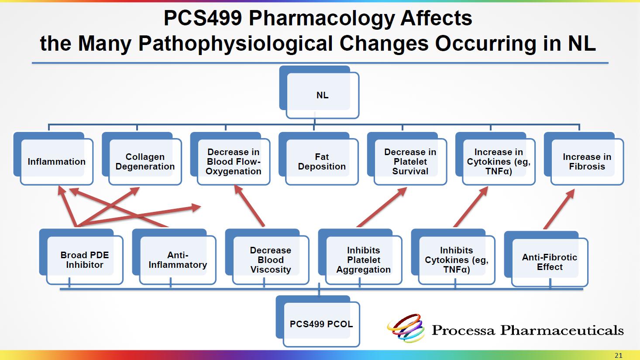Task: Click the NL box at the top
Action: click(319, 92)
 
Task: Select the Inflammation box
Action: click(53, 159)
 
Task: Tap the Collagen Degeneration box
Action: click(142, 159)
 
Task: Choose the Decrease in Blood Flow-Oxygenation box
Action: click(230, 159)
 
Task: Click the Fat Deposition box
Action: click(319, 159)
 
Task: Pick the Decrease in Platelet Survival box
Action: click(407, 159)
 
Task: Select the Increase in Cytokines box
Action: click(495, 159)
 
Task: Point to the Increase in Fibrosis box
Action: click(584, 159)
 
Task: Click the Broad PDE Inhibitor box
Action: click(82, 257)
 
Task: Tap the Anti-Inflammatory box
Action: click(174, 257)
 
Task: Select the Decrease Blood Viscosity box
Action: click(268, 257)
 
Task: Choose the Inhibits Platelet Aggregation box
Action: click(360, 257)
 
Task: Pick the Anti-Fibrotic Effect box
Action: click(546, 259)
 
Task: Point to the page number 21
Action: click(619, 356)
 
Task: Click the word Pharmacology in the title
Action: click(321, 18)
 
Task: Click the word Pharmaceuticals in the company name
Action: click(562, 331)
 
